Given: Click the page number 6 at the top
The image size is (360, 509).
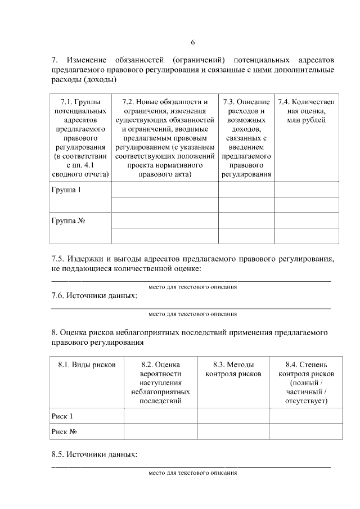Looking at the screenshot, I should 192,42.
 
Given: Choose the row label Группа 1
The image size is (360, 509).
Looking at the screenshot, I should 66,190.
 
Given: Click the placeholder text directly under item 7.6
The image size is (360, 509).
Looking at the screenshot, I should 192,314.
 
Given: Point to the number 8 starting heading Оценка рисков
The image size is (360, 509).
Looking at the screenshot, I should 53,332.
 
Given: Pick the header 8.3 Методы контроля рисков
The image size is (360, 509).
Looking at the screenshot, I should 233,369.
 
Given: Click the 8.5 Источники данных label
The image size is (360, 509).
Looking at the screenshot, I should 94,454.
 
